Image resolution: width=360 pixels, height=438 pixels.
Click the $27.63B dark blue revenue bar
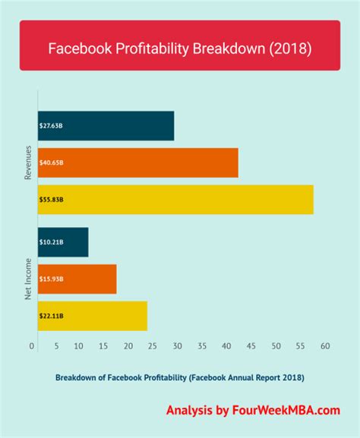coord(105,125)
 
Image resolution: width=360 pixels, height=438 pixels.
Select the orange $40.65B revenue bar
coord(137,162)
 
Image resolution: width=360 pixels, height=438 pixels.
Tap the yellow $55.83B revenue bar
coord(175,199)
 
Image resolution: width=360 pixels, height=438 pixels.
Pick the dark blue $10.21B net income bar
coord(62,242)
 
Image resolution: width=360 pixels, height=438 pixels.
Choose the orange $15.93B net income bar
coord(76,279)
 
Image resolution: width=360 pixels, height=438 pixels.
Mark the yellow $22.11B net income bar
coord(92,316)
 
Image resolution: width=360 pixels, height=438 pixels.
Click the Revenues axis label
coord(27,162)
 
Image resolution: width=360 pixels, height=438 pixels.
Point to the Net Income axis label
coord(27,279)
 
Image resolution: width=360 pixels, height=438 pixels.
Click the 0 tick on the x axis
coord(32,346)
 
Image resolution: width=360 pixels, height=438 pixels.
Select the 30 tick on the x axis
coord(178,346)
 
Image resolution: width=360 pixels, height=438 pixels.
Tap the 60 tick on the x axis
coord(325,346)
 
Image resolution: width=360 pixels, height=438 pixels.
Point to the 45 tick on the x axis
coord(251,346)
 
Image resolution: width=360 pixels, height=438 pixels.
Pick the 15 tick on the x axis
coord(106,346)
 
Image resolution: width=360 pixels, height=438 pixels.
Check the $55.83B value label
coord(51,200)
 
